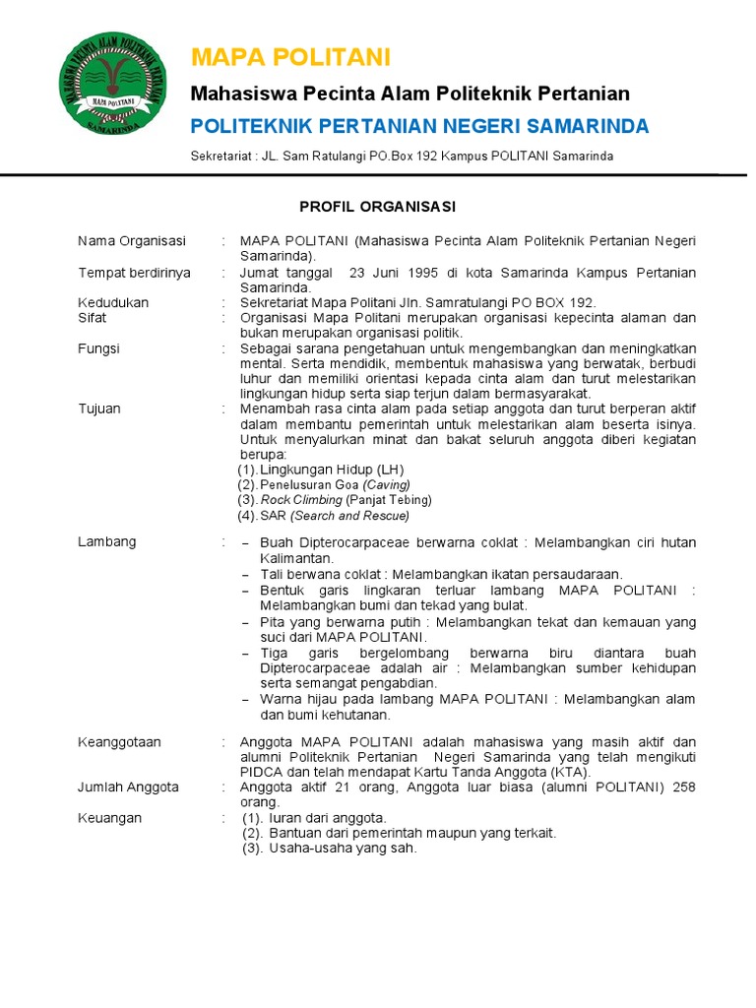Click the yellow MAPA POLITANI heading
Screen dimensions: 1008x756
point(290,56)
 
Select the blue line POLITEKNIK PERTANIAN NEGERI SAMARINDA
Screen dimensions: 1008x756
point(418,126)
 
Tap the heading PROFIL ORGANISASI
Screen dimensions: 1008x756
point(377,207)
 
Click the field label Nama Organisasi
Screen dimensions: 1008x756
point(132,241)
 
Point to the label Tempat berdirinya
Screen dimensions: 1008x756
point(134,273)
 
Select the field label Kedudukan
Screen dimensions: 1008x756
point(113,303)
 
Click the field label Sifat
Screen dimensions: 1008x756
point(93,318)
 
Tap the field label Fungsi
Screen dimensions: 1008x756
point(98,348)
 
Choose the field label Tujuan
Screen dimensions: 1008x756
point(99,409)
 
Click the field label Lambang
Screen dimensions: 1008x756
point(107,541)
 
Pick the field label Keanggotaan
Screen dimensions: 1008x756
point(119,741)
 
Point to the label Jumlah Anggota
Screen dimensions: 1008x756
point(128,787)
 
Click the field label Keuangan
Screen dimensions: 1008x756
point(109,818)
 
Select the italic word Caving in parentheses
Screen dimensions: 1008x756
point(386,485)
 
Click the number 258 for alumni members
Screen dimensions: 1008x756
point(683,787)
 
